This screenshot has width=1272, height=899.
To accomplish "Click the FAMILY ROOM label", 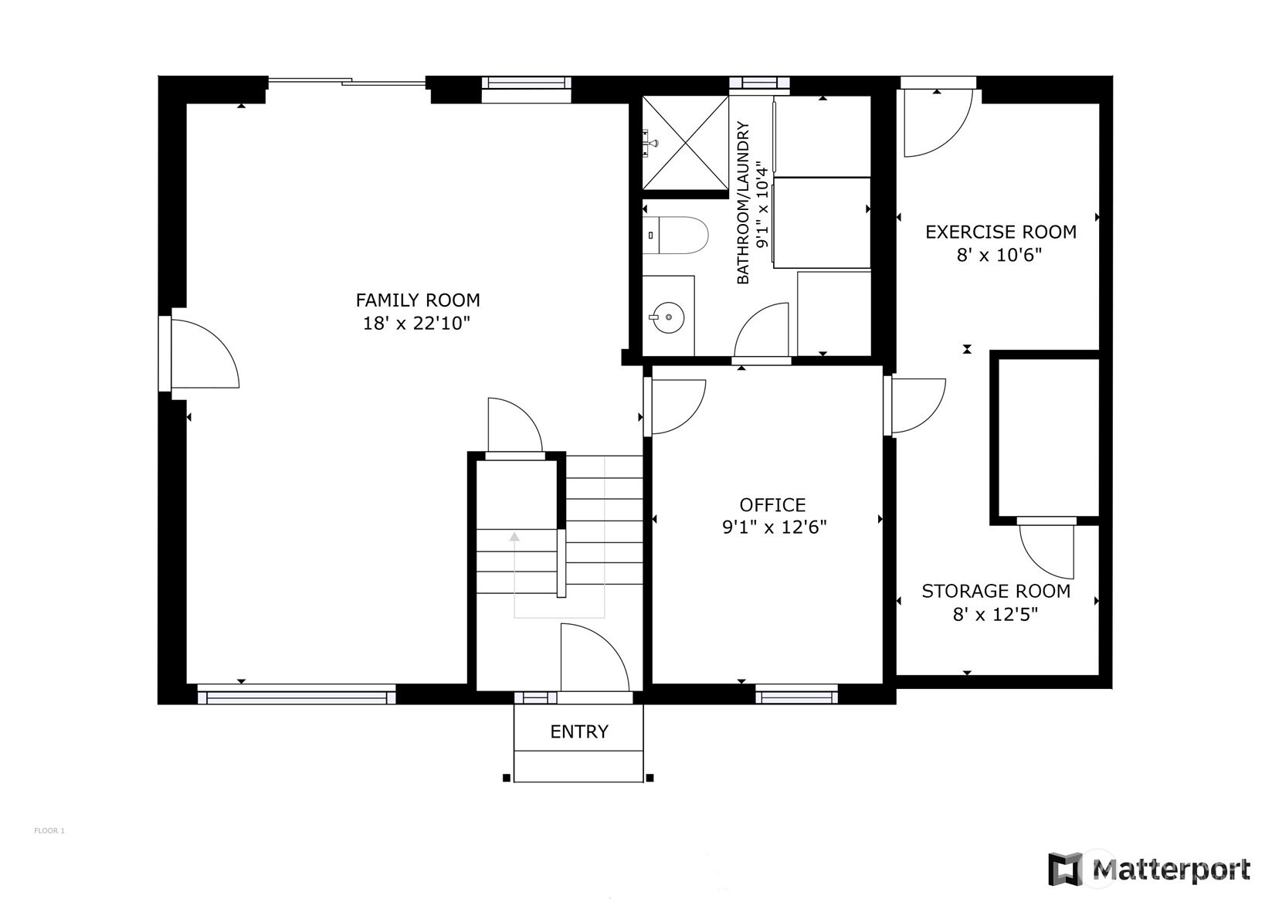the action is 417,300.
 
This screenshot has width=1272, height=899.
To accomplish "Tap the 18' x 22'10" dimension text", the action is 417,324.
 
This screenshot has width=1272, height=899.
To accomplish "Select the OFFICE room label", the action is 772,505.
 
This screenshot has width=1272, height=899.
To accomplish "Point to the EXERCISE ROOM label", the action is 1001,232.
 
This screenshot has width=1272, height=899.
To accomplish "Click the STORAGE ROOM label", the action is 996,591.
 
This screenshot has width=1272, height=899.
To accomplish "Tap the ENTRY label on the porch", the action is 579,731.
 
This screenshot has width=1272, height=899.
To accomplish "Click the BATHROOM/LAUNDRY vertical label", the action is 743,203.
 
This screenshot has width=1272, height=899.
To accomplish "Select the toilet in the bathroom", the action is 676,235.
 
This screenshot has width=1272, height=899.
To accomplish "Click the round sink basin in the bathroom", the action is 668,318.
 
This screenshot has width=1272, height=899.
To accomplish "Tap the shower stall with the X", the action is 685,143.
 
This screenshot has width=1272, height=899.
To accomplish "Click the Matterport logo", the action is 1149,870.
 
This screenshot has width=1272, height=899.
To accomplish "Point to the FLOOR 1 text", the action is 49,831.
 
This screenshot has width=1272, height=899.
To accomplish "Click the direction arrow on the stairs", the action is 514,537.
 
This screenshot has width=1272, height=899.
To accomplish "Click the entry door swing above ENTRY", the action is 595,657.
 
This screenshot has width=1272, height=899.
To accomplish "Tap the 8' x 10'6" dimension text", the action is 999,256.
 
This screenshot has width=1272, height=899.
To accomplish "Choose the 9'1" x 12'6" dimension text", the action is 774,528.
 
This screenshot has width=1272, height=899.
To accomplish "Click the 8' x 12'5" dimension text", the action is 996,615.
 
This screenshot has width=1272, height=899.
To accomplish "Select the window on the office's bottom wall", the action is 797,694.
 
